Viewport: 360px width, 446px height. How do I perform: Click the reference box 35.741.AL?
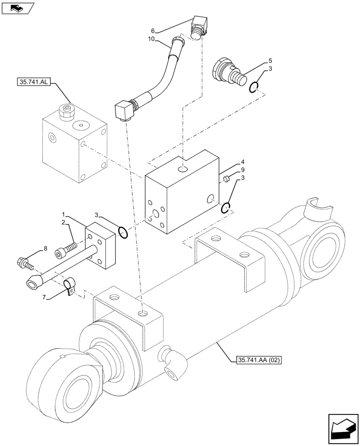[x=34, y=82]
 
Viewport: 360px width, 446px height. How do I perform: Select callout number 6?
[x=153, y=31]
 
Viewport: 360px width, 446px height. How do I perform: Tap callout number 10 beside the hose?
[x=151, y=39]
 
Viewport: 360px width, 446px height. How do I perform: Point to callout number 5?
[x=270, y=60]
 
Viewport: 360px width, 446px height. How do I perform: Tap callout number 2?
[x=63, y=222]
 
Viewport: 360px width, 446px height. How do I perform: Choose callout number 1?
[x=64, y=214]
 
